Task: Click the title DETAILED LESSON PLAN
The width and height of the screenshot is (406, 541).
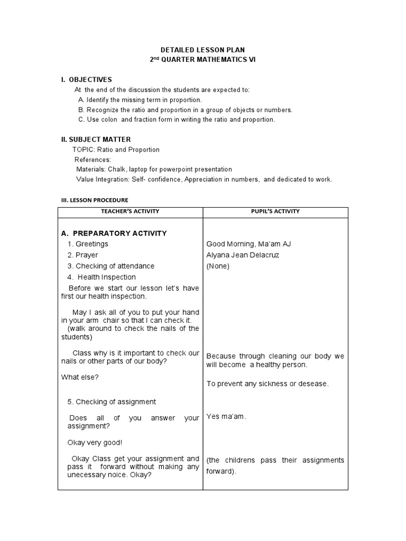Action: point(202,50)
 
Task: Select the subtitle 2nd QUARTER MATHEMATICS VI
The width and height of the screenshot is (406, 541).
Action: point(202,60)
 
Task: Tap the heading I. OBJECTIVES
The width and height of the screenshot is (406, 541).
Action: point(86,79)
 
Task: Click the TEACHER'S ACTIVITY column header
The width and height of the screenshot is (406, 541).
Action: point(130,211)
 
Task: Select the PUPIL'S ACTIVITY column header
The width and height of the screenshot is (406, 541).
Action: point(275,211)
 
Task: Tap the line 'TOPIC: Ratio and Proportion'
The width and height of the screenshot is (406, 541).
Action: point(116,150)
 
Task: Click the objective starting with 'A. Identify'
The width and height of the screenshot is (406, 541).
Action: point(140,100)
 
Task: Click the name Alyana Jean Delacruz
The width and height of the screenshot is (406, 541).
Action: point(243,255)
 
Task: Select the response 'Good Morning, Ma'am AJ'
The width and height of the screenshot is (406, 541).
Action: point(248,244)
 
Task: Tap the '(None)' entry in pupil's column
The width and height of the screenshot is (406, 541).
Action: point(218,266)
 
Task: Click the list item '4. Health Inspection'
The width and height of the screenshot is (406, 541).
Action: point(101,277)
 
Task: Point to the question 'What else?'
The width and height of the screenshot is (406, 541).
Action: point(80,377)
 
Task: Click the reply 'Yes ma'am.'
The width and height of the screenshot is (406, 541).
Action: point(226,416)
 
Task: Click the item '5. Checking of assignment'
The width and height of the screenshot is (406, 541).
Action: point(112,402)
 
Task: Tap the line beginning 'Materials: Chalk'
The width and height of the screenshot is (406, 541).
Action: point(154,170)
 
